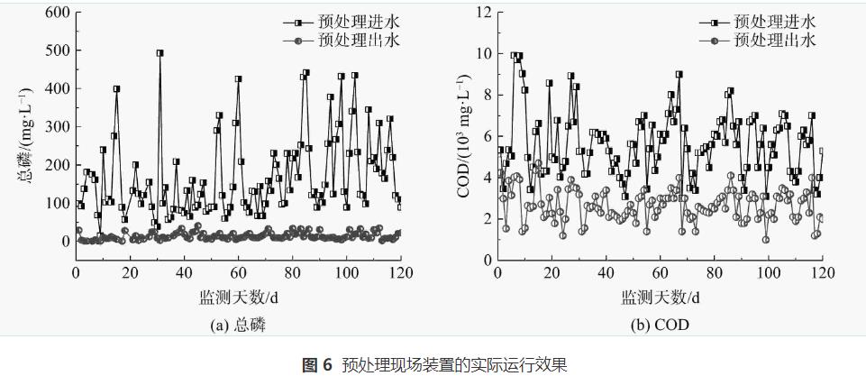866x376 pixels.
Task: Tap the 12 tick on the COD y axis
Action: (x=483, y=13)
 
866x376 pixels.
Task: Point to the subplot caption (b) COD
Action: (x=659, y=326)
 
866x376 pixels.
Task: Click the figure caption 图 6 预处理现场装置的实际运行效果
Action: (x=433, y=364)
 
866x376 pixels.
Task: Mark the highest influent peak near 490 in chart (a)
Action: (x=160, y=53)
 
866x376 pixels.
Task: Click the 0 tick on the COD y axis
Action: (x=487, y=259)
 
